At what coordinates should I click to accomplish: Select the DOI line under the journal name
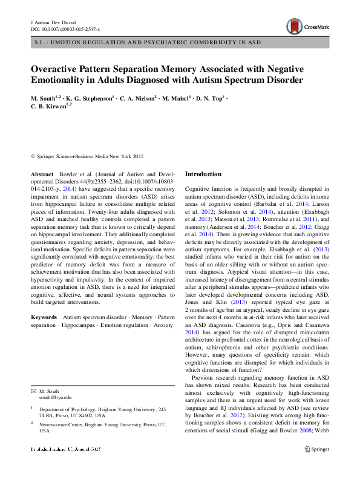65,28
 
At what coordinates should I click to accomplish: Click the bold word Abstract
42,174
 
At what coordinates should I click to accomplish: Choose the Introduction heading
203,174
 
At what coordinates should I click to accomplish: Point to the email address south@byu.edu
55,397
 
